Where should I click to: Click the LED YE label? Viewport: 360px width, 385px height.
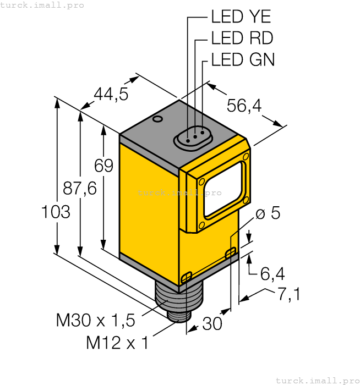(x=241, y=16)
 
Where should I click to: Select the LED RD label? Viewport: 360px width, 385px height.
(x=242, y=38)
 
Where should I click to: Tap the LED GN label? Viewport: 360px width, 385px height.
(x=243, y=59)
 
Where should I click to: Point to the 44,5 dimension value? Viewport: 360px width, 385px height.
(x=111, y=95)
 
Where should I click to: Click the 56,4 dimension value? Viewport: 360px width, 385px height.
(x=245, y=105)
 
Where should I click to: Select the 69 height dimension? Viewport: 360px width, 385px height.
(x=103, y=166)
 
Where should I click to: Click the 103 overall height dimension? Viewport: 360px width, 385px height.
(x=56, y=212)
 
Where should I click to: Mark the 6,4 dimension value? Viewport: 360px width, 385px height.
(x=272, y=273)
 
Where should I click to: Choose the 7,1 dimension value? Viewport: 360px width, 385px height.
(x=288, y=295)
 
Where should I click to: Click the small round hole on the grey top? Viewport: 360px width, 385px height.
(x=158, y=119)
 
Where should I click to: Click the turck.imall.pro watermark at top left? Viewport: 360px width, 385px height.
(x=42, y=5)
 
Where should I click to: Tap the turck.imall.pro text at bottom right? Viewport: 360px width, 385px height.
(x=317, y=380)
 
